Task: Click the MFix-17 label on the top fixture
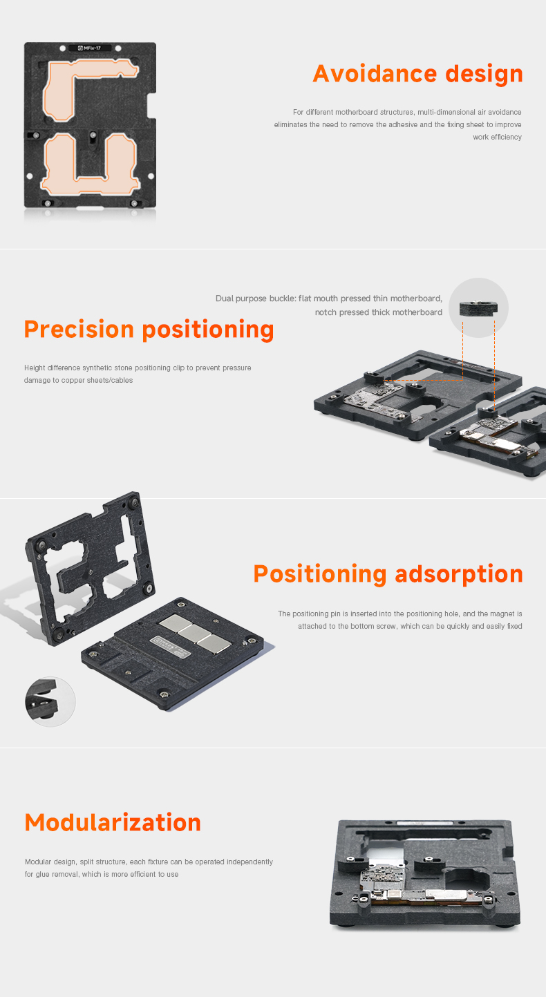(x=90, y=48)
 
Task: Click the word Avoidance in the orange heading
(x=374, y=74)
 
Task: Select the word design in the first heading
(x=484, y=75)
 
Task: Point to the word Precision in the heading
(x=79, y=330)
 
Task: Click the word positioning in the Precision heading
(x=208, y=331)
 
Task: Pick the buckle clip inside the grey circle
(x=478, y=308)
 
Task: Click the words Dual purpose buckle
(x=256, y=298)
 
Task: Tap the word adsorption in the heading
(x=459, y=575)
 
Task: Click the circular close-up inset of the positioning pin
(x=50, y=702)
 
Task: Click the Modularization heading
(x=113, y=822)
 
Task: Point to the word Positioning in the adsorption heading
(x=320, y=575)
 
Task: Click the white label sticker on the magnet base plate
(x=171, y=647)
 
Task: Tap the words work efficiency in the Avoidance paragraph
(x=497, y=137)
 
